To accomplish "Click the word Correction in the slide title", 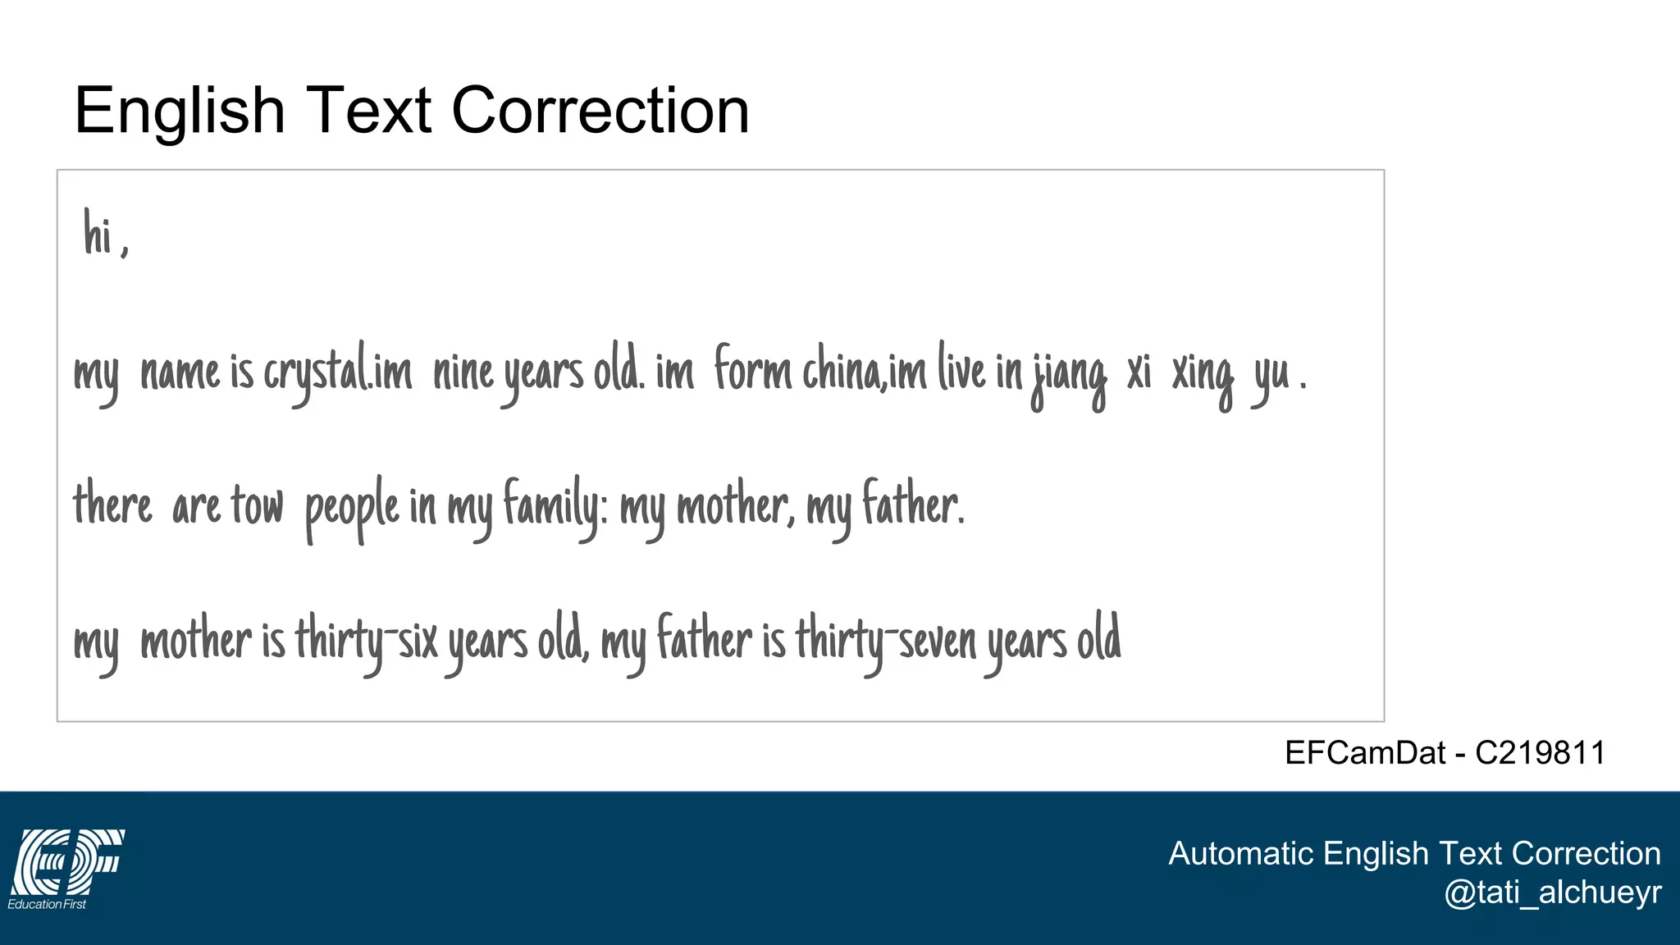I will (x=600, y=111).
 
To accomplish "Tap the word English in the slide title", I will (x=179, y=111).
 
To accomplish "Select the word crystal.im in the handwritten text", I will (x=337, y=373).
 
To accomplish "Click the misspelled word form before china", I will (x=752, y=370).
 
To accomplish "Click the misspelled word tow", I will (x=257, y=505).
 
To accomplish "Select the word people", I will (x=352, y=507).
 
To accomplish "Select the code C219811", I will (x=1540, y=752).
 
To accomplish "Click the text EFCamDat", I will (x=1364, y=752).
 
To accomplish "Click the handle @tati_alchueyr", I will (x=1552, y=892).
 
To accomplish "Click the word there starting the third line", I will (x=112, y=505).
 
